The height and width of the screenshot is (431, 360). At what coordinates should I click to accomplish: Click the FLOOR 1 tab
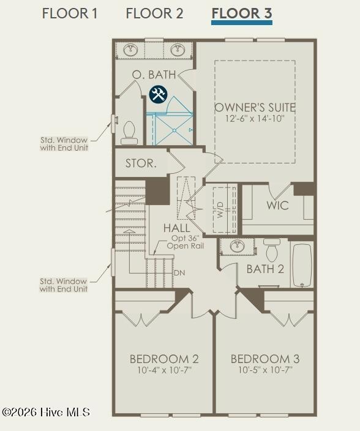[x=70, y=13]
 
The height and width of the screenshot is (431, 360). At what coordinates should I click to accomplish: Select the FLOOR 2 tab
[x=154, y=13]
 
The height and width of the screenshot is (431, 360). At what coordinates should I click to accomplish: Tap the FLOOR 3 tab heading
[x=242, y=13]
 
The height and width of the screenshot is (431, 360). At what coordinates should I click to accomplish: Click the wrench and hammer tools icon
[x=158, y=94]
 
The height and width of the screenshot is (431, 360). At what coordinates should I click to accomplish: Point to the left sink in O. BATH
[x=130, y=50]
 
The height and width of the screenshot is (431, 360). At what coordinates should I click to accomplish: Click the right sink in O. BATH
[x=178, y=50]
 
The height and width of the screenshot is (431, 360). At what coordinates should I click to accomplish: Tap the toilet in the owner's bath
[x=129, y=133]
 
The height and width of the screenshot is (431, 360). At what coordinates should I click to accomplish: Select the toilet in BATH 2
[x=271, y=250]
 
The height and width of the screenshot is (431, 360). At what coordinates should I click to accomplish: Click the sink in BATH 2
[x=237, y=246]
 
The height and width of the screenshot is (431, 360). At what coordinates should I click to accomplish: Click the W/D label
[x=220, y=210]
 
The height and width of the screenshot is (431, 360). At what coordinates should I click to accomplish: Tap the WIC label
[x=277, y=205]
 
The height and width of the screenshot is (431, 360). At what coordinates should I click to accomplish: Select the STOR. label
[x=141, y=163]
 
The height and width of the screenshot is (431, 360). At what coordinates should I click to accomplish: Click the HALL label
[x=177, y=228]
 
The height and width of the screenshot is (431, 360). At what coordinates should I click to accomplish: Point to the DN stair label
[x=179, y=273]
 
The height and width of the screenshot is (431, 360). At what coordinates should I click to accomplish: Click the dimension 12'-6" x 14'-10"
[x=255, y=119]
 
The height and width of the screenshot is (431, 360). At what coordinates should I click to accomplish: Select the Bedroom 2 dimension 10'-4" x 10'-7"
[x=164, y=370]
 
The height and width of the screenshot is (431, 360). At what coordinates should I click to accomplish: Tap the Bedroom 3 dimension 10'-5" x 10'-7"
[x=265, y=370]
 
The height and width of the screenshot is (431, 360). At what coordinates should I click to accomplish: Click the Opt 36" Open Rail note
[x=186, y=242]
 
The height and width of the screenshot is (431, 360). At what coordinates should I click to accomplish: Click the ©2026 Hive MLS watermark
[x=46, y=412]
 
